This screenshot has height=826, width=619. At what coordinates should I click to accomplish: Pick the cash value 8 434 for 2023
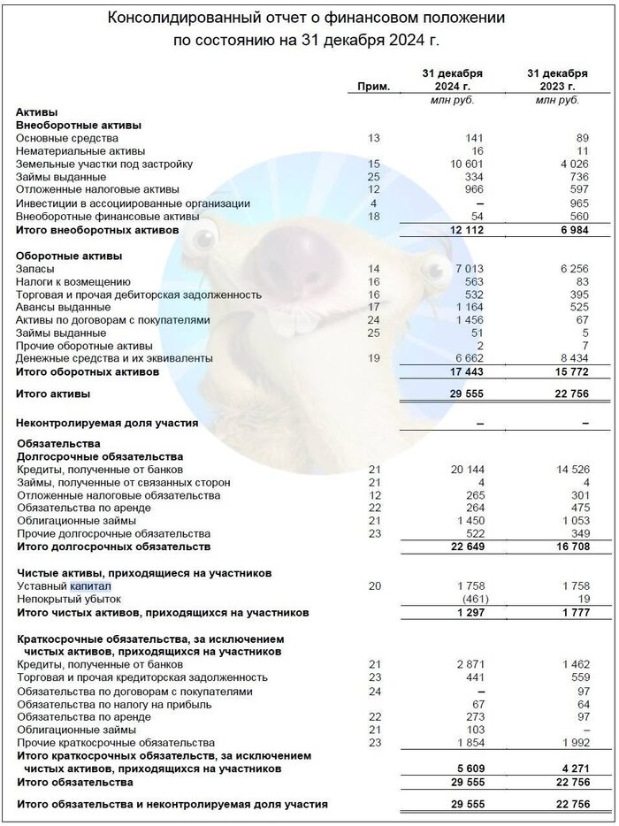(x=560, y=358)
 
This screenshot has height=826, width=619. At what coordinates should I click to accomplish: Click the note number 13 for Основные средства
(x=373, y=139)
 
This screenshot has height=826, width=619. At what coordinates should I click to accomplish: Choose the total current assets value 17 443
(x=456, y=371)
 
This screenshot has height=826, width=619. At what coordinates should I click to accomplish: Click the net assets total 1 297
(x=461, y=612)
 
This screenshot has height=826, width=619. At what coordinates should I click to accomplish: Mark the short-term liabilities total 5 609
(x=459, y=769)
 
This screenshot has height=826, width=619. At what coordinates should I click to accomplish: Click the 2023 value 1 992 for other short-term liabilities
(x=560, y=743)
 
